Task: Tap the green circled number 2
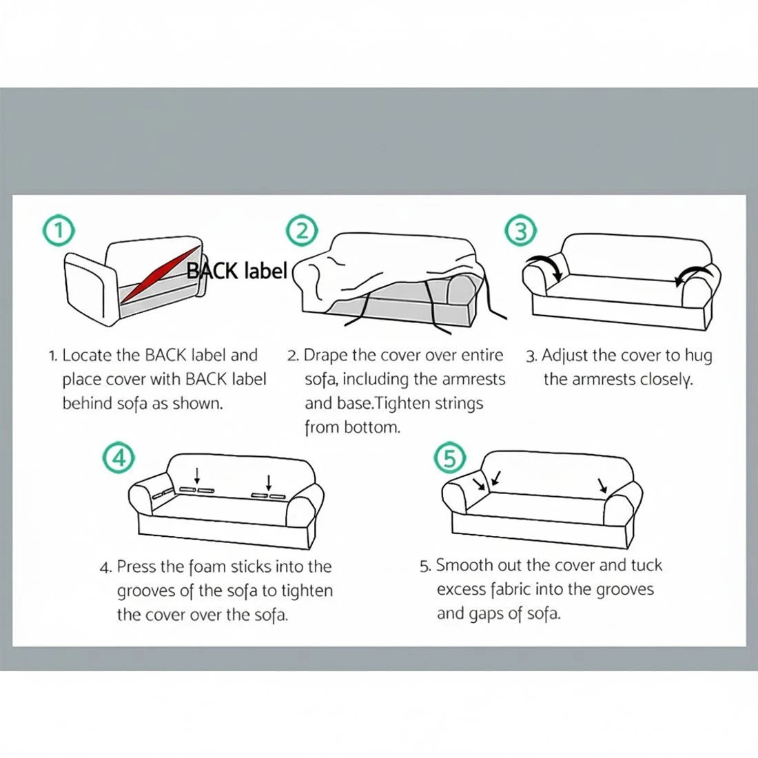point(302,231)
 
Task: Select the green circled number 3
point(521,231)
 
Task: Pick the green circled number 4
point(119,458)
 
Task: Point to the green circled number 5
point(450,458)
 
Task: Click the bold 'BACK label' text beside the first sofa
point(237,271)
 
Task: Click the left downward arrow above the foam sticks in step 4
point(197,475)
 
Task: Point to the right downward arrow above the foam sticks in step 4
point(269,482)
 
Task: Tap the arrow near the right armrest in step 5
point(602,486)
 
